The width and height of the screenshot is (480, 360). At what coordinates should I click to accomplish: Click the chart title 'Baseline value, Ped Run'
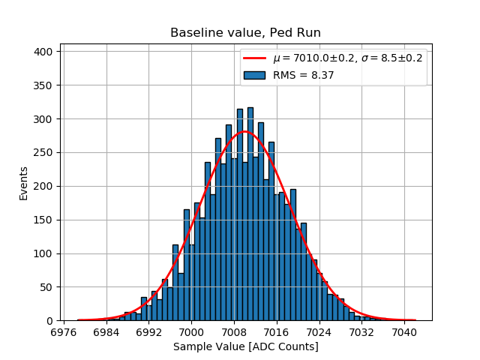[245, 33]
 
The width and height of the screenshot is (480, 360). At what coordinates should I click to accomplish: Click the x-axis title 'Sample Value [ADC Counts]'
[245, 346]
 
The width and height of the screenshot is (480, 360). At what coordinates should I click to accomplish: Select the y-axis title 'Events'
[23, 182]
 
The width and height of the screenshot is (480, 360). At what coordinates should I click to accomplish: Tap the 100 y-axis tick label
[45, 253]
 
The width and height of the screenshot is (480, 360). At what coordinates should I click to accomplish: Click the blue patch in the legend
[254, 75]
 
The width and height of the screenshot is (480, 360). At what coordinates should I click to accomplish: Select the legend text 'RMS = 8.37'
[303, 75]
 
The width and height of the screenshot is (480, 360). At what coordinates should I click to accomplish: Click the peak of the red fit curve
[244, 132]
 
